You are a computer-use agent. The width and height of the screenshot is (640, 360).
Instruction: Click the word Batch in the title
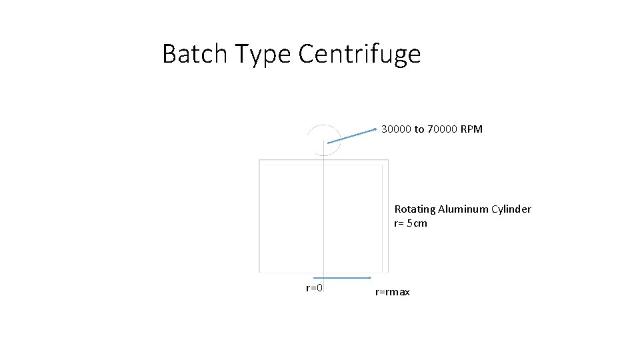pyautogui.click(x=193, y=54)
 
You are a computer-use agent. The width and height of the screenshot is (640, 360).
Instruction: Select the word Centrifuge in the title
pyautogui.click(x=359, y=54)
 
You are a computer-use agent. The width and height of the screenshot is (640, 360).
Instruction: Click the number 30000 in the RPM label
pyautogui.click(x=396, y=129)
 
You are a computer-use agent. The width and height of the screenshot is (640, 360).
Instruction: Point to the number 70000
pyautogui.click(x=442, y=129)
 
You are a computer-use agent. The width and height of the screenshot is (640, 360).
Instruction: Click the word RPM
pyautogui.click(x=471, y=129)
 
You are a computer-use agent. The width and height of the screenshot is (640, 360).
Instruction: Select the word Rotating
pyautogui.click(x=415, y=209)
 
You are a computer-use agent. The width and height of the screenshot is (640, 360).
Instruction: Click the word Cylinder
pyautogui.click(x=511, y=209)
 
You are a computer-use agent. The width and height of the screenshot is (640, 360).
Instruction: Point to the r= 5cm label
pyautogui.click(x=411, y=223)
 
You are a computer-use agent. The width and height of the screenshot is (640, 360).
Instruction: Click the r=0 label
pyautogui.click(x=314, y=288)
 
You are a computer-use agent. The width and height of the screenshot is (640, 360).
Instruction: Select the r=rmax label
pyautogui.click(x=393, y=292)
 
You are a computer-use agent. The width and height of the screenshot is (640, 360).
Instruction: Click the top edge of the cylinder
pyautogui.click(x=323, y=160)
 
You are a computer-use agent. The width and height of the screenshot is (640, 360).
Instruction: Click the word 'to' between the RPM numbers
pyautogui.click(x=419, y=129)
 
